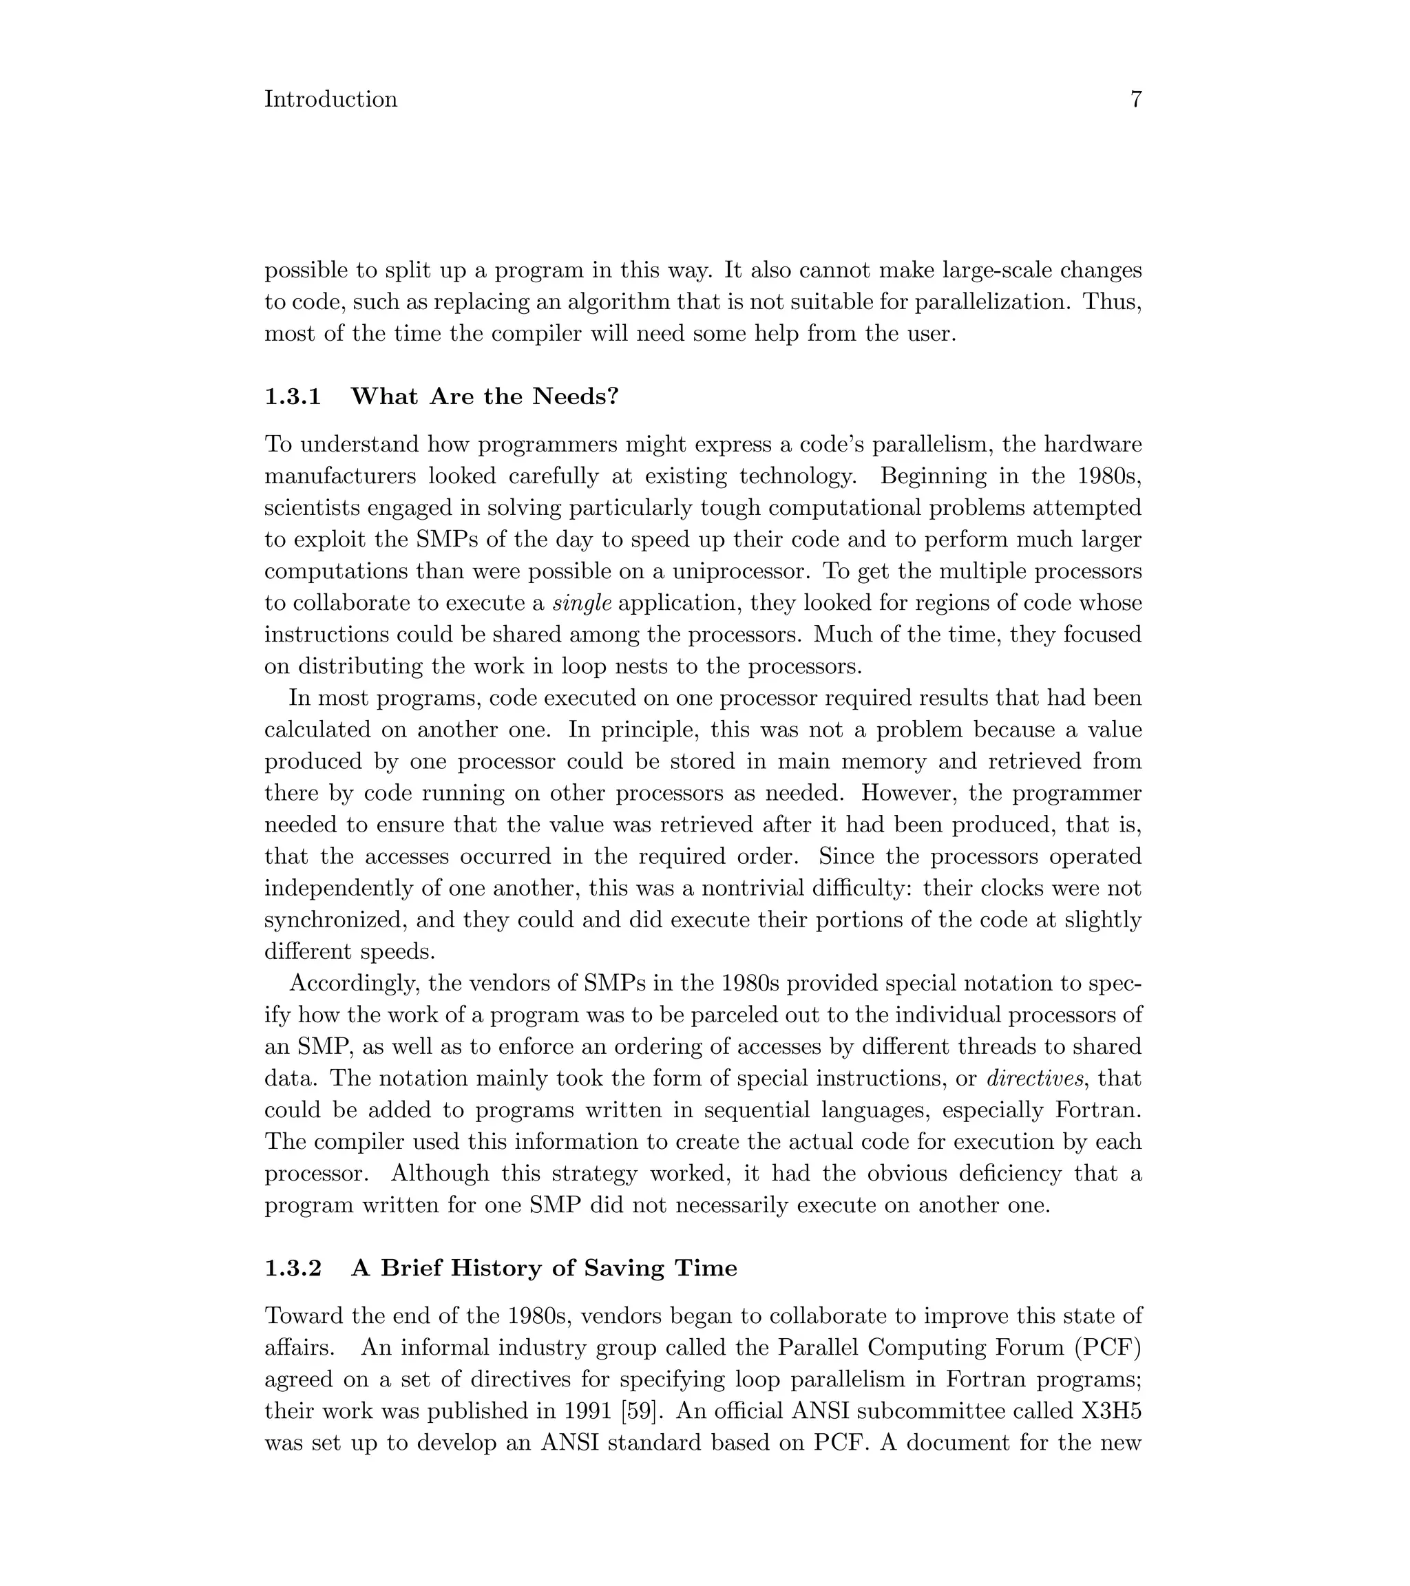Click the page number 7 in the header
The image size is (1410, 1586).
[x=1135, y=99]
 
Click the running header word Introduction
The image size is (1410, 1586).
[x=330, y=99]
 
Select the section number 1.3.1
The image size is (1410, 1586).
[x=293, y=396]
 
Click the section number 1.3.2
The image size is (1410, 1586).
[x=293, y=1268]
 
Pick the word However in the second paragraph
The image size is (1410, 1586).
[x=908, y=793]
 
